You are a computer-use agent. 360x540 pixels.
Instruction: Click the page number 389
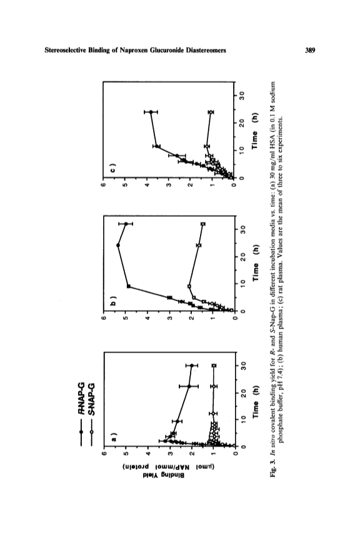[x=310, y=51]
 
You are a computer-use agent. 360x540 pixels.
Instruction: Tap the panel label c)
[x=114, y=169]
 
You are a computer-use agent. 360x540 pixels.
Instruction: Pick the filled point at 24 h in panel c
[x=151, y=112]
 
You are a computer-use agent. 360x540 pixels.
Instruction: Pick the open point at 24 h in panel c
[x=211, y=112]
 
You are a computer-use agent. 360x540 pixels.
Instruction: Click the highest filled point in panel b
[x=118, y=245]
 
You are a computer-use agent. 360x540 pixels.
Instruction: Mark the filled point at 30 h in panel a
[x=192, y=365]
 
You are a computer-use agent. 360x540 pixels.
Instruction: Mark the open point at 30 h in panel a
[x=214, y=365]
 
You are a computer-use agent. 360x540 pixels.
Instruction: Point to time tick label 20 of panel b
[x=242, y=257]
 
